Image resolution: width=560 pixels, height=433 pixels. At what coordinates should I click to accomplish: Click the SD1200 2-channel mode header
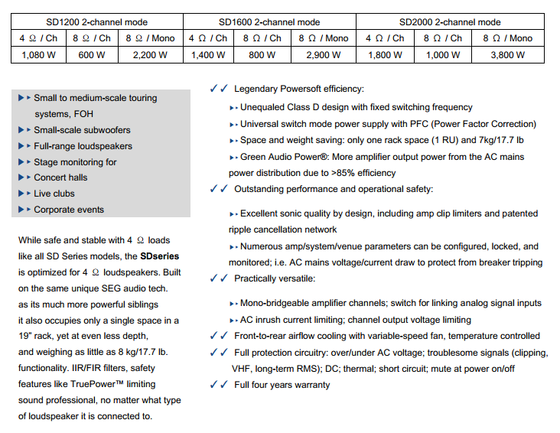(x=97, y=22)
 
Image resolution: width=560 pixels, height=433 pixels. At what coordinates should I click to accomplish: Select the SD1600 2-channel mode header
(x=269, y=22)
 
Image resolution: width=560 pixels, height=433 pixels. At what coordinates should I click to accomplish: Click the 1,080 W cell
(x=38, y=55)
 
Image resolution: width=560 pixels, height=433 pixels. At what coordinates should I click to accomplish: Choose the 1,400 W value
(x=208, y=55)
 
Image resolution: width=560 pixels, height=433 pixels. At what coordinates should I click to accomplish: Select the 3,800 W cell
(x=507, y=55)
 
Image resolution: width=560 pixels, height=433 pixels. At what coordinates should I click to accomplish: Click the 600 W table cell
(x=92, y=55)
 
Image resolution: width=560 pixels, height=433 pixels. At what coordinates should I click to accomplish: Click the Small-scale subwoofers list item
(x=82, y=130)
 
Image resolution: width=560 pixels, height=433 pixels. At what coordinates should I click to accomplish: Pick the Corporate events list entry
(x=69, y=210)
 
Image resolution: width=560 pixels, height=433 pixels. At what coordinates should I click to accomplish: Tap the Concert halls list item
(x=60, y=177)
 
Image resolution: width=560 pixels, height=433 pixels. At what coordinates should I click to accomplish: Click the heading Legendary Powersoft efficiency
(x=299, y=90)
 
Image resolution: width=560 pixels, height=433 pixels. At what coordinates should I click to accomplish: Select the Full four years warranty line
(x=282, y=385)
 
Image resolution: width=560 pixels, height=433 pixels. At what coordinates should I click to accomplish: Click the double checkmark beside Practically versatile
(x=218, y=278)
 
